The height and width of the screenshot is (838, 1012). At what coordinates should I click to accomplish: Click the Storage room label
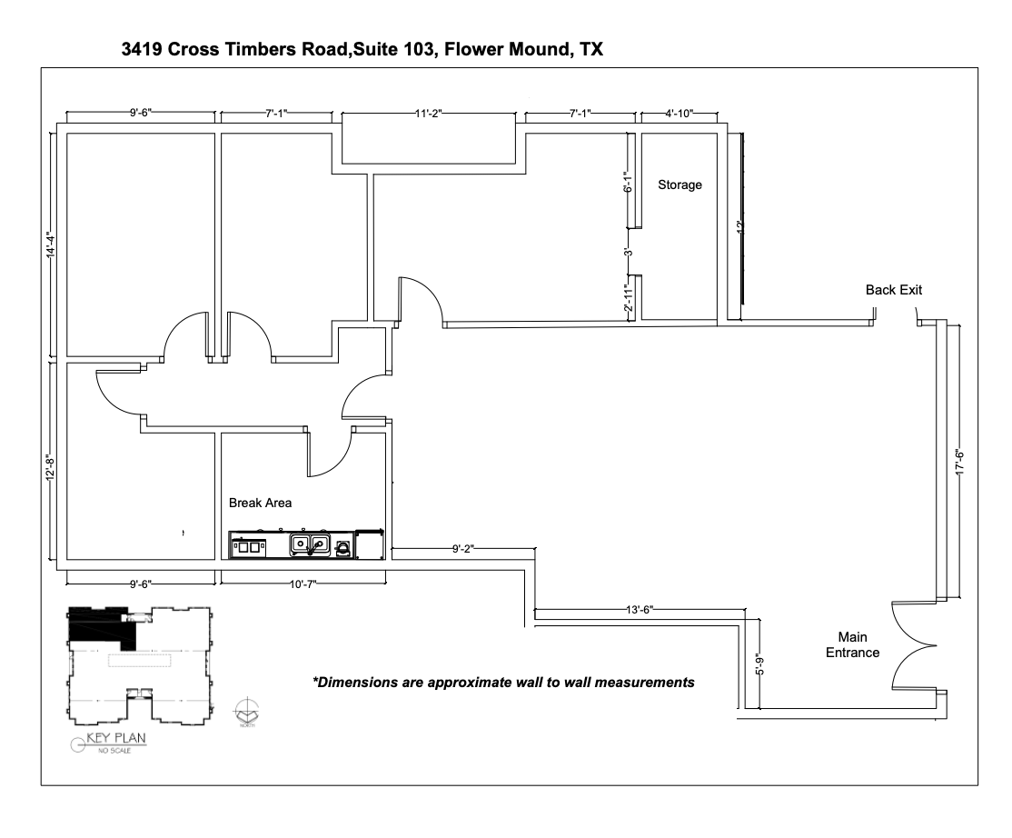click(x=680, y=185)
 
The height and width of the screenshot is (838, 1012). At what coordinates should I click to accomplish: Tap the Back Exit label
click(x=894, y=290)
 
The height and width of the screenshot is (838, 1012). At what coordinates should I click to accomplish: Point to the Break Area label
click(x=260, y=502)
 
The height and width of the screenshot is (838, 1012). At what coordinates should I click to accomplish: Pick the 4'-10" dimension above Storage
click(x=679, y=114)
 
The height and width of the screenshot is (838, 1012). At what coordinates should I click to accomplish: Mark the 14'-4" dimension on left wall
click(x=51, y=246)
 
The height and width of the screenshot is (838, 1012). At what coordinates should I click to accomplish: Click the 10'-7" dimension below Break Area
click(x=302, y=584)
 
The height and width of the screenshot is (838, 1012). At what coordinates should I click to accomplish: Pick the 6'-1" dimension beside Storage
click(x=627, y=183)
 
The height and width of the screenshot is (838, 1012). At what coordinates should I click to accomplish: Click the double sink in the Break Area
click(x=309, y=544)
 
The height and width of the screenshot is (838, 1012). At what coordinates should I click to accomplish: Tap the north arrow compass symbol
click(x=246, y=710)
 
